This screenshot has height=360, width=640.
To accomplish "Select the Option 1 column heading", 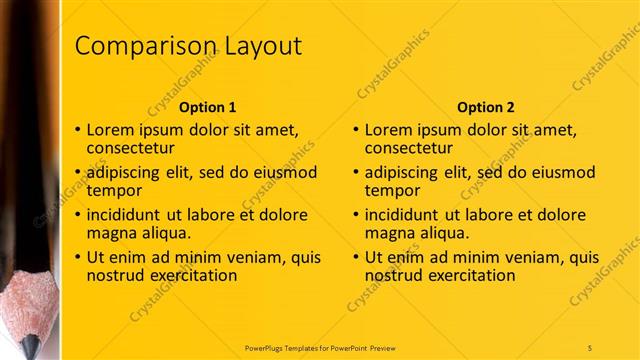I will pyautogui.click(x=207, y=107).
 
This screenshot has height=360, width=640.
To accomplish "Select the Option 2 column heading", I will pyautogui.click(x=485, y=107).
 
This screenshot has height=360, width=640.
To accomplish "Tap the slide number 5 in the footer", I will pyautogui.click(x=590, y=347).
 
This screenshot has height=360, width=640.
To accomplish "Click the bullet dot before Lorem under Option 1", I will pyautogui.click(x=79, y=130).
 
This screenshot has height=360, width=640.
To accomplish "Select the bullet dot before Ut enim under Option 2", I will pyautogui.click(x=357, y=257).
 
